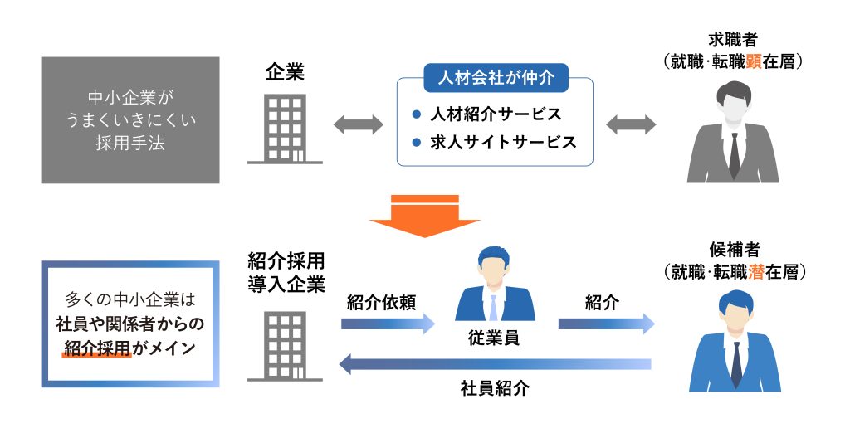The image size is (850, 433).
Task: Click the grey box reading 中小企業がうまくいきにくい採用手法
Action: click(130, 119)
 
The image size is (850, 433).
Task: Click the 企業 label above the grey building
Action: click(285, 72)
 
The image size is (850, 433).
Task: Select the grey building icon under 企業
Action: click(285, 128)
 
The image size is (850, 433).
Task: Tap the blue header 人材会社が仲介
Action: click(496, 80)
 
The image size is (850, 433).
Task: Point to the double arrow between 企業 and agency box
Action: click(358, 125)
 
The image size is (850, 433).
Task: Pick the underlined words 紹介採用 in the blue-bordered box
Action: click(99, 349)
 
